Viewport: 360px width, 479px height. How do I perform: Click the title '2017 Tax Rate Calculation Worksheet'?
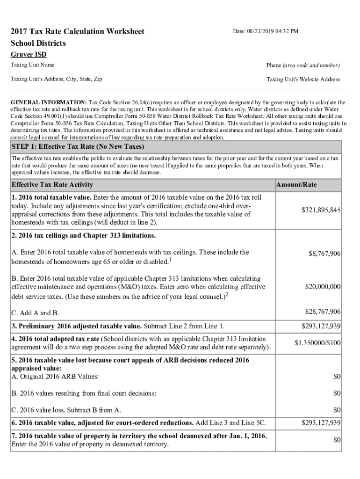tap(78, 31)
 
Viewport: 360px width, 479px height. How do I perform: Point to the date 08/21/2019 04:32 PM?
tap(266, 31)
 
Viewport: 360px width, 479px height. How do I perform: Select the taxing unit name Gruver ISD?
tap(29, 55)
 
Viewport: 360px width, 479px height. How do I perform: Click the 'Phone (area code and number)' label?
tap(303, 65)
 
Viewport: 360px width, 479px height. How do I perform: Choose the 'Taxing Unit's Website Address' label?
tap(303, 80)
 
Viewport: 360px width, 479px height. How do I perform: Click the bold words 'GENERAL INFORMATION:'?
tap(49, 102)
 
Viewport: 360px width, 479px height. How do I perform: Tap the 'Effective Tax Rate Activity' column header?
tap(52, 185)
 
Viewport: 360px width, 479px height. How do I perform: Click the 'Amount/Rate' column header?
tap(297, 185)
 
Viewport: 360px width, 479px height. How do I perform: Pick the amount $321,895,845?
tap(321, 210)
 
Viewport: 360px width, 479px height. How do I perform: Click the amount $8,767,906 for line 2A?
tap(324, 254)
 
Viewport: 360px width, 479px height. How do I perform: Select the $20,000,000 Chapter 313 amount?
tap(323, 286)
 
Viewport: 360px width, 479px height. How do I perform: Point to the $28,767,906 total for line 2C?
tap(323, 312)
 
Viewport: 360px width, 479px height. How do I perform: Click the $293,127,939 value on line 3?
tap(321, 326)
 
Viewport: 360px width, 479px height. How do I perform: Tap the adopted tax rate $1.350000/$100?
tap(317, 343)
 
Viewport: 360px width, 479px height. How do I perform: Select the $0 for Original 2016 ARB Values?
tap(337, 377)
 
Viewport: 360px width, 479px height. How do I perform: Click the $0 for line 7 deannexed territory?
tap(337, 440)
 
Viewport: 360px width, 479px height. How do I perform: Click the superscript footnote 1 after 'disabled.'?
tap(171, 259)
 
